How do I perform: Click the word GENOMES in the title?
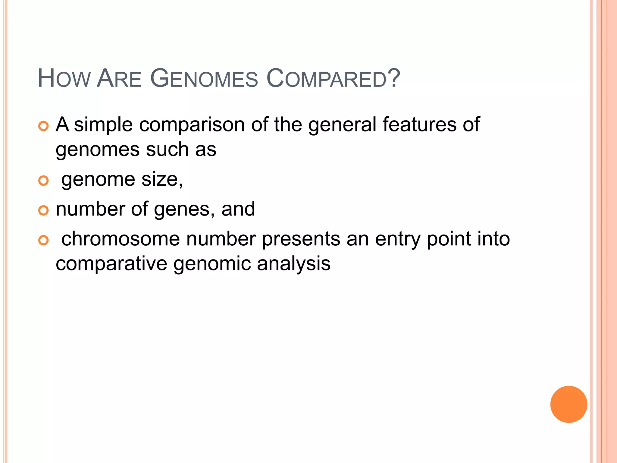click(204, 79)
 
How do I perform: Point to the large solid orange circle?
click(568, 404)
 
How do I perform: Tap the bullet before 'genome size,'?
click(44, 181)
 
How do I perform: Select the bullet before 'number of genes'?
click(44, 210)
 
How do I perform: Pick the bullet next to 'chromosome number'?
click(44, 240)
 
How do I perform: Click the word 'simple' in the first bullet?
click(103, 125)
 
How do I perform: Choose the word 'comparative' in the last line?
click(111, 264)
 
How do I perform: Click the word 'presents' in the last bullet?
click(301, 240)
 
